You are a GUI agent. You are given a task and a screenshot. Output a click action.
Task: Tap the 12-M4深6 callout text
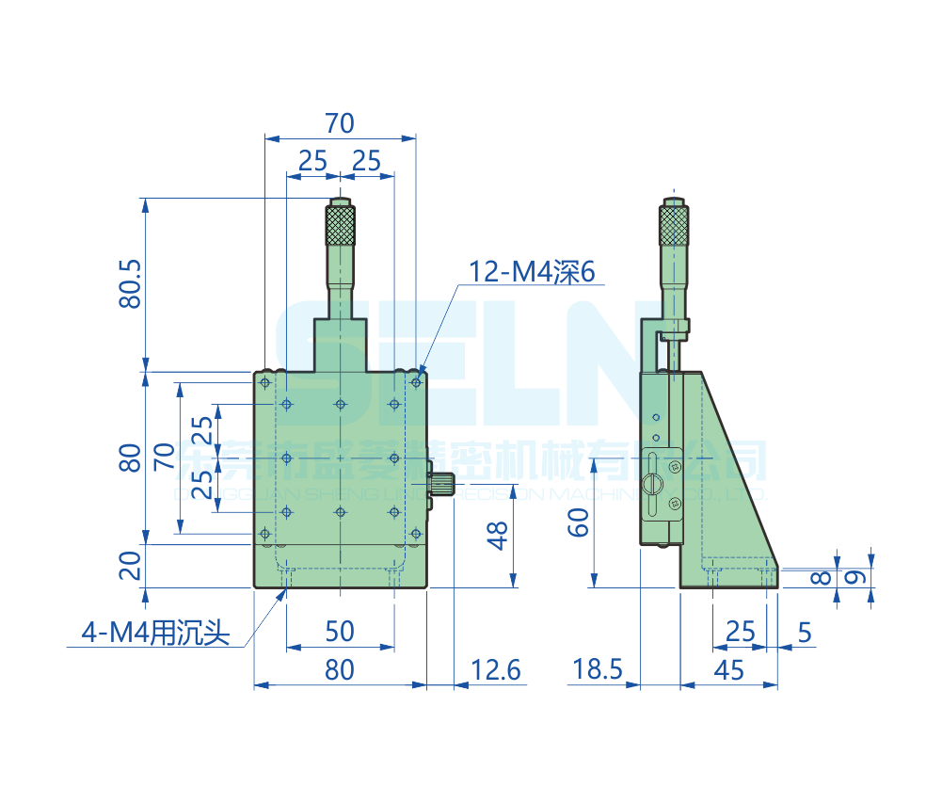click(x=534, y=272)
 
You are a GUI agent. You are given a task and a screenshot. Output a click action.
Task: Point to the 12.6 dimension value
click(x=495, y=669)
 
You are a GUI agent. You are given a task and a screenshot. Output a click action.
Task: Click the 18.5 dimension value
click(x=598, y=669)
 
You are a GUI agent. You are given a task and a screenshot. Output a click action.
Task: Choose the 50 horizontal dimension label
click(x=339, y=632)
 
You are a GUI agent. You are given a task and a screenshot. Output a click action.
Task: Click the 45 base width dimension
click(x=729, y=669)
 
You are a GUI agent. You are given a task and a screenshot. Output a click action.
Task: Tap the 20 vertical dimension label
click(x=131, y=565)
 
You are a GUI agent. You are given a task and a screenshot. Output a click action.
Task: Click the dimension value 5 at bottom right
click(x=804, y=632)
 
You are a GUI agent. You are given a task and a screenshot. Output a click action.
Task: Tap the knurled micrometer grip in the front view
click(x=341, y=224)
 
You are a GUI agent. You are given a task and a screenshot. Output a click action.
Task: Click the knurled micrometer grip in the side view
click(x=673, y=224)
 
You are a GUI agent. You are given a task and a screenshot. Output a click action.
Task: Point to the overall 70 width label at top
click(x=339, y=122)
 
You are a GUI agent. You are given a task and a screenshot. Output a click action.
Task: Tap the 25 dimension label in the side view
click(x=741, y=632)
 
